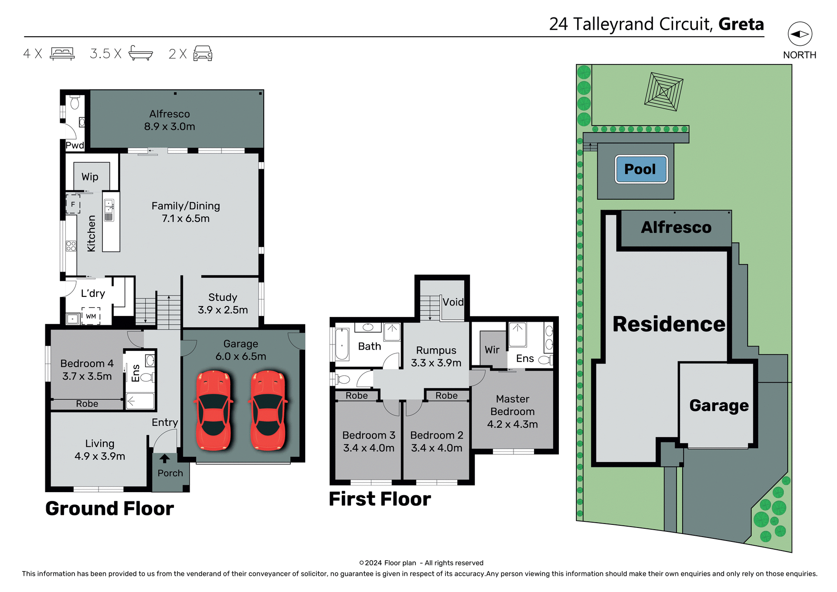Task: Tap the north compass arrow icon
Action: (x=800, y=34)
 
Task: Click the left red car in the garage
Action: (x=214, y=410)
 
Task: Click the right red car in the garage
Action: (x=268, y=410)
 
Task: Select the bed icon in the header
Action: (x=62, y=54)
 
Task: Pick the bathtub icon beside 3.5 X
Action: (x=140, y=54)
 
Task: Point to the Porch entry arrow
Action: (x=164, y=459)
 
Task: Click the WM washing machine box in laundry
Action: (x=91, y=316)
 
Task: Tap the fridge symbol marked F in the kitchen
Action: (x=73, y=204)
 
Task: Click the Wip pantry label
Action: (x=90, y=177)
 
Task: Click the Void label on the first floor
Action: (x=453, y=302)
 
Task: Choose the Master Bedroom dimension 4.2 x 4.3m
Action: (x=512, y=424)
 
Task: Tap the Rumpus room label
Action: (x=436, y=350)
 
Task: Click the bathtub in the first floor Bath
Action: (x=342, y=344)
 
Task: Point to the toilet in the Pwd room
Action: (x=75, y=103)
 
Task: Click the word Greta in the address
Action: (x=741, y=24)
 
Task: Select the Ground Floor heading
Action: (x=109, y=508)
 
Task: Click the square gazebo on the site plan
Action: (x=663, y=92)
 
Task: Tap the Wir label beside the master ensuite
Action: (x=492, y=350)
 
